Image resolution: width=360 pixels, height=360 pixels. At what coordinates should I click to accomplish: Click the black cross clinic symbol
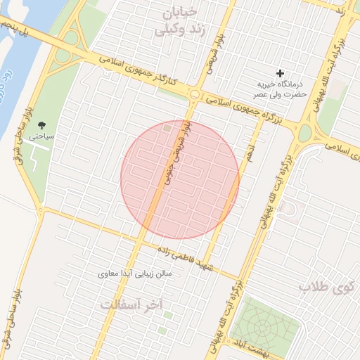click(281, 73)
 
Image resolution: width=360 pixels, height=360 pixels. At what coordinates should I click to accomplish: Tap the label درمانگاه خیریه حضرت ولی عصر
click(281, 89)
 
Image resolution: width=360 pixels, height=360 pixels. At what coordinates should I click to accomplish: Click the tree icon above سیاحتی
click(40, 124)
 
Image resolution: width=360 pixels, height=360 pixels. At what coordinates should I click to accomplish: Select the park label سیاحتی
click(40, 136)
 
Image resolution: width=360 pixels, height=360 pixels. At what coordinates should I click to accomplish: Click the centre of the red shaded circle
click(180, 180)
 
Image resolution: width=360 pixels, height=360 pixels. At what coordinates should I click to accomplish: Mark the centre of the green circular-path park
click(264, 328)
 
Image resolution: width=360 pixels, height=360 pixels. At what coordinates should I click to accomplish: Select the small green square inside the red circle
click(167, 128)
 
